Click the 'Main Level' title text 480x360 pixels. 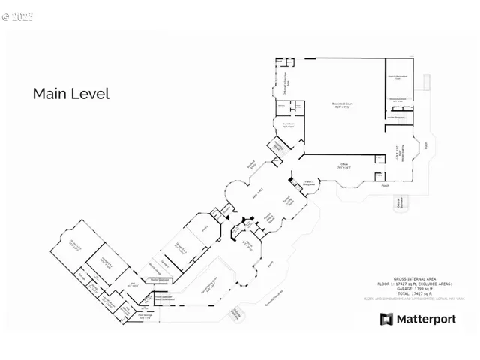(x=70, y=94)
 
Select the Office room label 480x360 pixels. (x=344, y=166)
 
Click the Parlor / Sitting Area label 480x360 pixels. (x=309, y=181)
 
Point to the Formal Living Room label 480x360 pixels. (x=286, y=201)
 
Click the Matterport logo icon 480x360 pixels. (x=386, y=319)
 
